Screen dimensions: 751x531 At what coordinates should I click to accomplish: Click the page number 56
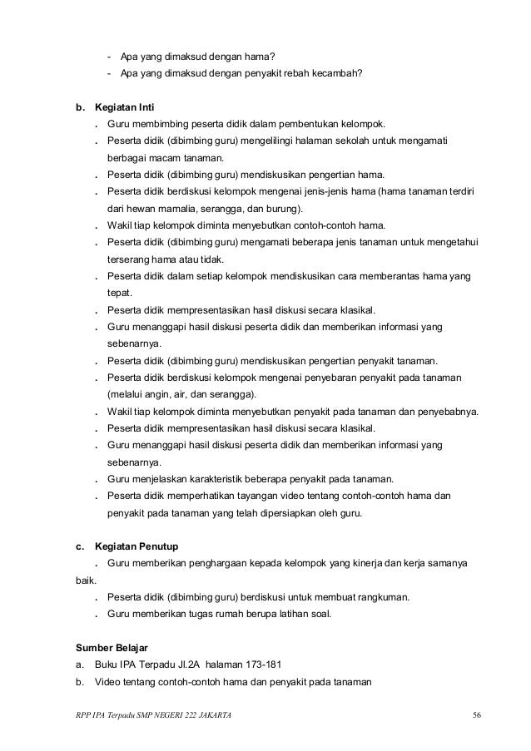(x=476, y=715)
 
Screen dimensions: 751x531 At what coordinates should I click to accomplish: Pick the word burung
(x=284, y=208)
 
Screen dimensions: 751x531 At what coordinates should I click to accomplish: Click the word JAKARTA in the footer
(x=211, y=715)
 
